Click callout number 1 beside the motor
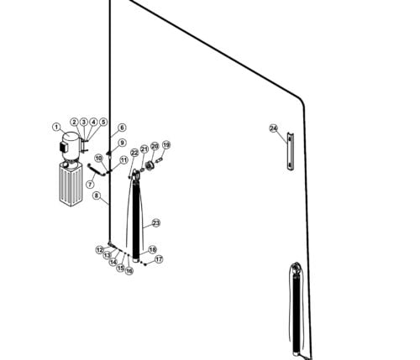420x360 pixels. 56,128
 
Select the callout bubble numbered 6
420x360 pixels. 122,128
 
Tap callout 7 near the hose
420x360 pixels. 90,185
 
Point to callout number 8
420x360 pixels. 97,197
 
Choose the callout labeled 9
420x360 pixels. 122,143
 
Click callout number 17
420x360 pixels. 159,260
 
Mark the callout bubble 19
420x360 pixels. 166,145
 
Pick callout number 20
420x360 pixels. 155,147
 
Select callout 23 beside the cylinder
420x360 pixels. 155,223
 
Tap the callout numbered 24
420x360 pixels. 273,128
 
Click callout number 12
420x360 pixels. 99,250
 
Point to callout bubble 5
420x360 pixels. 103,123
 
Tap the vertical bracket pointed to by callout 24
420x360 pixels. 290,151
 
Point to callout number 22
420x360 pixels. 134,153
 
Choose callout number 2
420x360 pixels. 74,123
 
